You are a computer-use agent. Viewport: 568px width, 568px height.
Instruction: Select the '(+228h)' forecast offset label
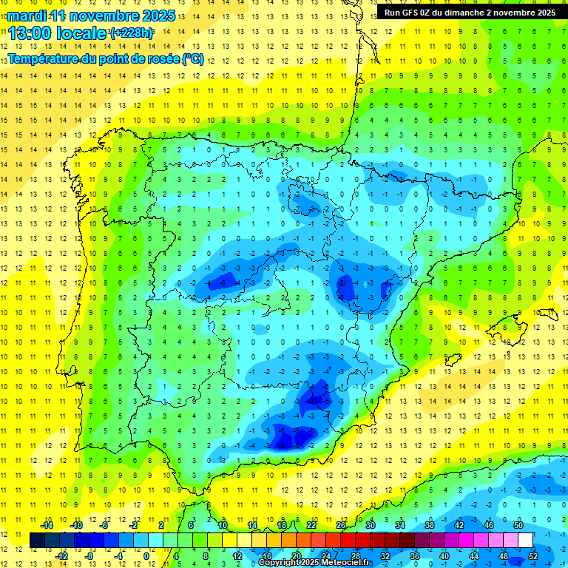coord(132,33)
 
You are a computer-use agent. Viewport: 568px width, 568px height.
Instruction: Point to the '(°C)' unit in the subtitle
coord(192,58)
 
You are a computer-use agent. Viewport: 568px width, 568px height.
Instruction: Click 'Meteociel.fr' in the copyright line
coord(346,563)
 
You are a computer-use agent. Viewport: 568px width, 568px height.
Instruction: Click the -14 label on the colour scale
coord(47,525)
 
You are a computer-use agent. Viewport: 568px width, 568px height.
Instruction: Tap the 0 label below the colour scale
coord(146,555)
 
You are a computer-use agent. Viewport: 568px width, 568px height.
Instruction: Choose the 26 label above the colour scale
coord(341,525)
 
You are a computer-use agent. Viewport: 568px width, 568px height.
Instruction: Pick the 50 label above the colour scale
coord(518,525)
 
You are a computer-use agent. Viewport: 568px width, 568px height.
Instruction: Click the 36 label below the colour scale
coord(414,555)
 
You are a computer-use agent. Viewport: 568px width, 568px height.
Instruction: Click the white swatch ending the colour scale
coord(526,540)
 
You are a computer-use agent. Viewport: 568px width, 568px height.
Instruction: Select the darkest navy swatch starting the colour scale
coord(37,540)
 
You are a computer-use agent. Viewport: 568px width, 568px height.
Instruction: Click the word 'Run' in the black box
coord(393,13)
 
